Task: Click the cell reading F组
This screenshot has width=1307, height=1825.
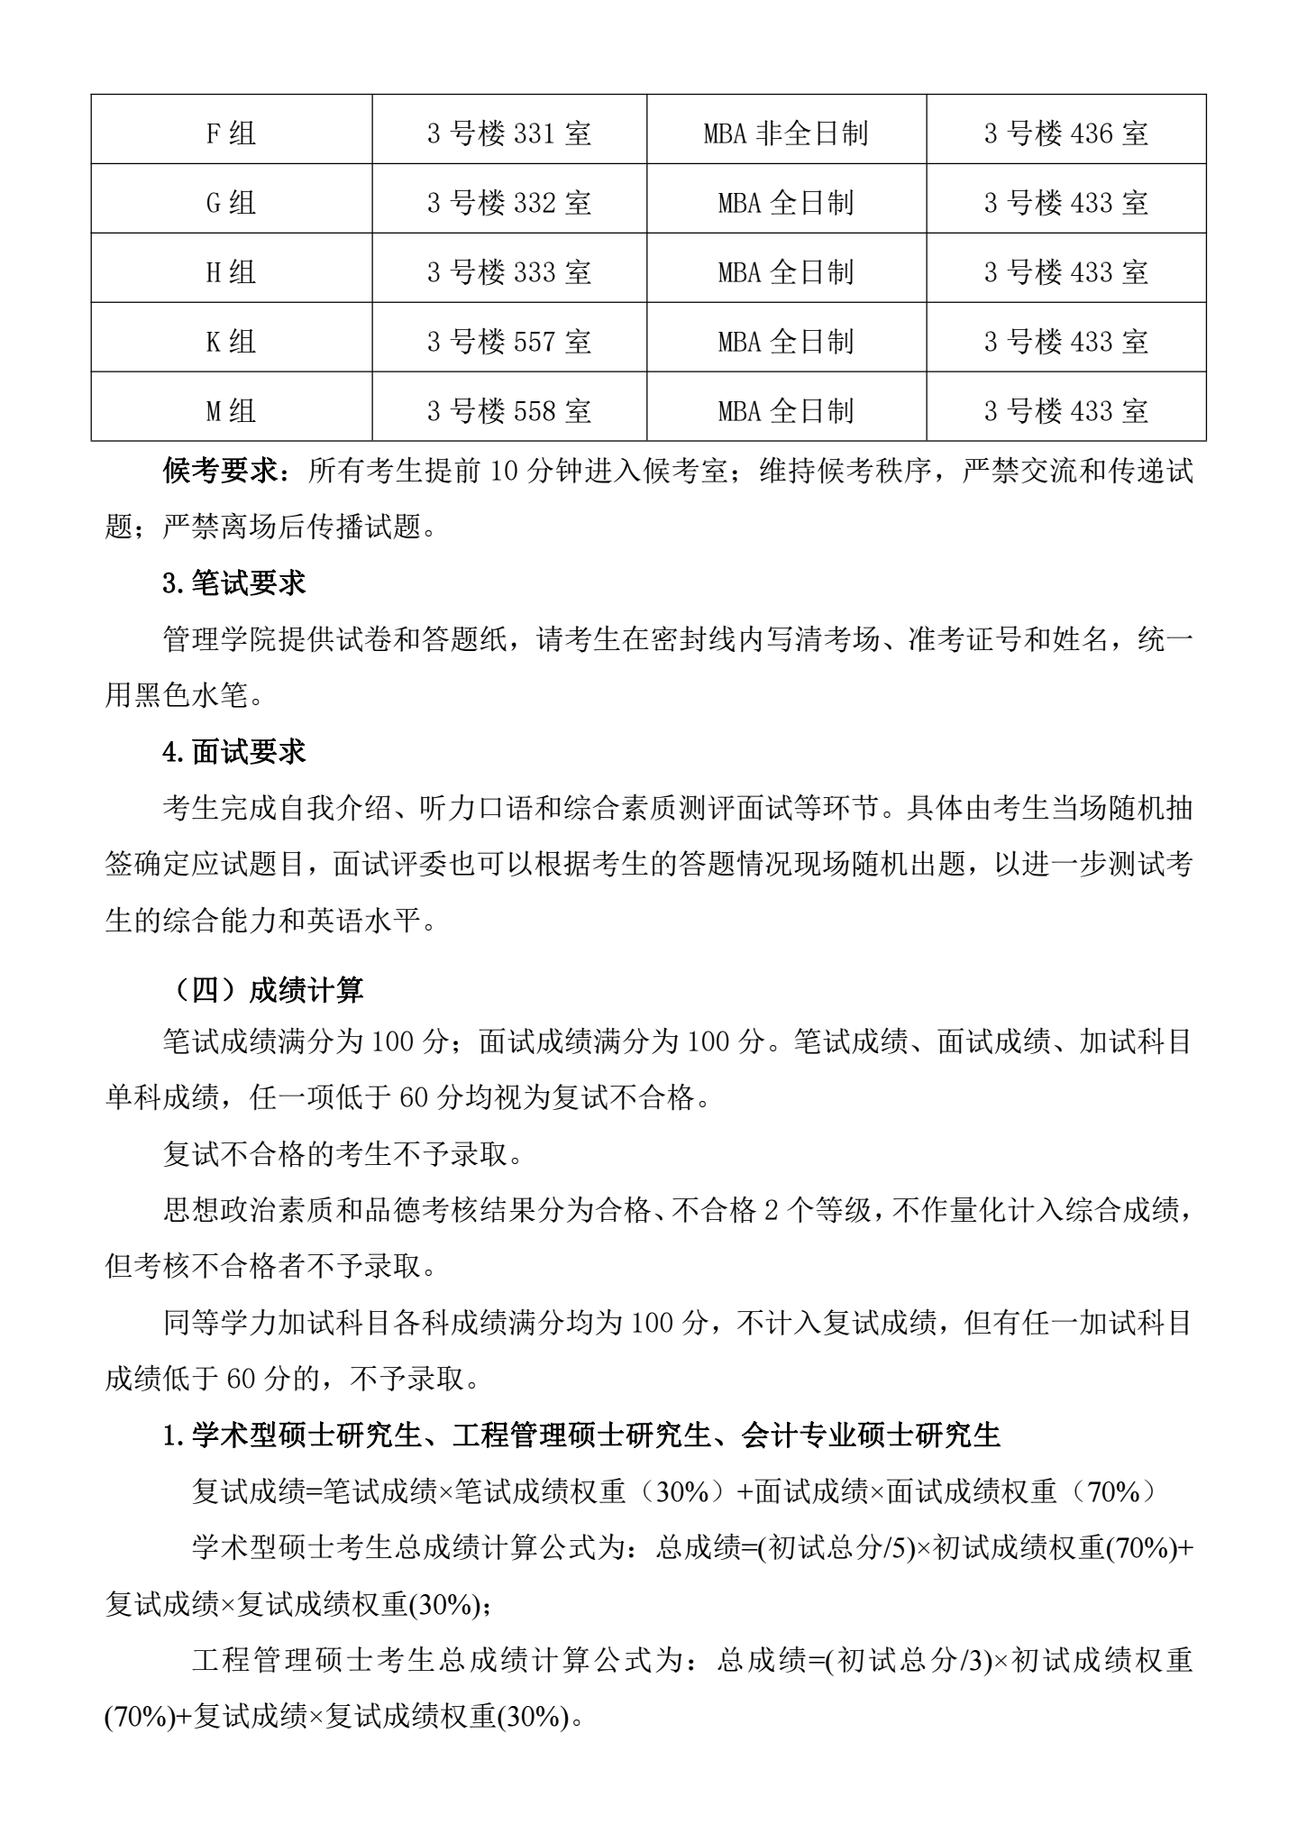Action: tap(232, 133)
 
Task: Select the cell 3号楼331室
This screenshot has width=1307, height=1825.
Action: tap(509, 133)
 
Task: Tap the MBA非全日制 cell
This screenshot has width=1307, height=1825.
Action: tap(786, 133)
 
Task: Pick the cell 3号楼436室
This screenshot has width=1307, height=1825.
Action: tap(1066, 133)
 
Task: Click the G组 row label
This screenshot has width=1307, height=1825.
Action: tap(232, 203)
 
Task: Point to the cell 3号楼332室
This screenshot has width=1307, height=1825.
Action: tap(509, 203)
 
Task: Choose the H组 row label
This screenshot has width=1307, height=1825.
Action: tap(232, 272)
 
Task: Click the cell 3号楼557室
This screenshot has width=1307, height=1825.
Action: tap(509, 342)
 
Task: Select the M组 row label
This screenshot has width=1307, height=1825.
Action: tap(232, 411)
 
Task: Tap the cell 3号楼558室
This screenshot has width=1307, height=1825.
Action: tap(509, 411)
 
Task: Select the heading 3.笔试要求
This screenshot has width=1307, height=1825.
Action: tap(234, 583)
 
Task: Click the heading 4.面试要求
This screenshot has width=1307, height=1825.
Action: tap(234, 752)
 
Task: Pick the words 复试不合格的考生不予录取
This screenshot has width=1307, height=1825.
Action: tap(343, 1154)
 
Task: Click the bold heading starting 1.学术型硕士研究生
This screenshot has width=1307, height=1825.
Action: tap(581, 1435)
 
